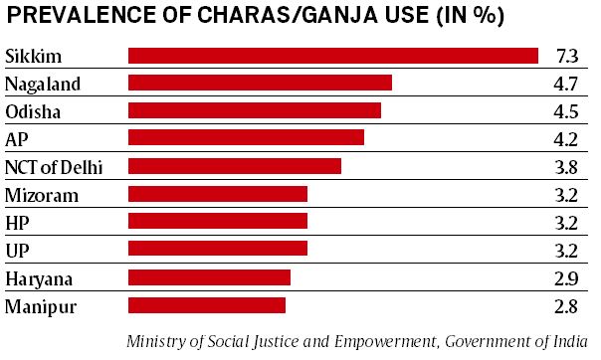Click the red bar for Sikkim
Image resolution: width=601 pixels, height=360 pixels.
[x=333, y=55]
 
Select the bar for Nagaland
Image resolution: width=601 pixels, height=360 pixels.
[x=260, y=83]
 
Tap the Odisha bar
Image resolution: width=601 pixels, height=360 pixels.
[x=255, y=110]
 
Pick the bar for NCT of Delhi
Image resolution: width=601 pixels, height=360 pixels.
[x=235, y=165]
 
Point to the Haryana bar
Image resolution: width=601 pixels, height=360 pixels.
[x=209, y=276]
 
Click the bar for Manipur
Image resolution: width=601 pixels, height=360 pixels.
[x=207, y=304]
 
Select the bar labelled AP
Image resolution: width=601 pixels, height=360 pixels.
[x=246, y=137]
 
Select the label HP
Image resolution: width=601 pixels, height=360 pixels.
[x=18, y=221]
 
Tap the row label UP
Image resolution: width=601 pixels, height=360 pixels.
[x=18, y=249]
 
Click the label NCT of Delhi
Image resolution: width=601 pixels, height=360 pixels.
[x=54, y=165]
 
